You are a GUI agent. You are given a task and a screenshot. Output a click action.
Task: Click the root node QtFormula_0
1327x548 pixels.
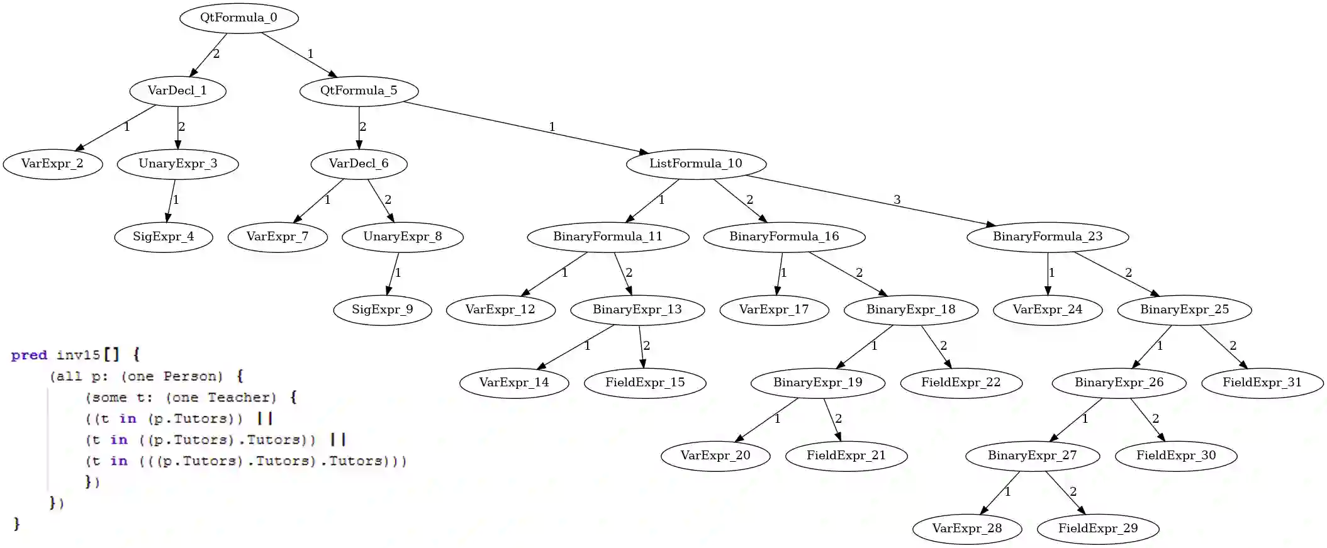(x=238, y=18)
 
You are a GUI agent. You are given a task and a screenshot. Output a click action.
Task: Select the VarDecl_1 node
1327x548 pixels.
(x=177, y=91)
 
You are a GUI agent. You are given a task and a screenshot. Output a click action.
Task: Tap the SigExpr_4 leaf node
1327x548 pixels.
(x=164, y=237)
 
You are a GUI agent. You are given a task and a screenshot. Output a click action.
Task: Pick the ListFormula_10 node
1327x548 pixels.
(x=696, y=164)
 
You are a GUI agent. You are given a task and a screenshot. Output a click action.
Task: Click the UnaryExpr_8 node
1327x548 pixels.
(x=403, y=237)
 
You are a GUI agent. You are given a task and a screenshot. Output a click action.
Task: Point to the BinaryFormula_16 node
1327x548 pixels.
(x=784, y=237)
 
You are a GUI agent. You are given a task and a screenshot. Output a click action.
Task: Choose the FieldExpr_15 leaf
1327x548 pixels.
(x=645, y=383)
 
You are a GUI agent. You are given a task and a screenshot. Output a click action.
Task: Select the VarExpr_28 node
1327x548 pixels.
(x=966, y=528)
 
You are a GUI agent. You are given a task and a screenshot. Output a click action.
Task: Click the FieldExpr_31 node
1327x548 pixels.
(x=1262, y=383)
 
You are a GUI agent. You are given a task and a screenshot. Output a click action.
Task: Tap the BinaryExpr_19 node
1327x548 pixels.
(x=817, y=383)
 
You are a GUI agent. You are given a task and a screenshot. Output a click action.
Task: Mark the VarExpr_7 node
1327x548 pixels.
(x=277, y=237)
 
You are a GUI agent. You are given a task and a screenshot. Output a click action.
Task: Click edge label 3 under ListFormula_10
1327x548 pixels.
(x=897, y=199)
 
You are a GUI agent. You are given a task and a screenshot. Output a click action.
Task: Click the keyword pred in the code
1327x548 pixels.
(x=29, y=355)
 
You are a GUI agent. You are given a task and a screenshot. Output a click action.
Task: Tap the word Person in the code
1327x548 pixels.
(x=193, y=376)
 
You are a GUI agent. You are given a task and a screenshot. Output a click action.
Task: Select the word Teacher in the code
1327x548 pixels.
(x=242, y=398)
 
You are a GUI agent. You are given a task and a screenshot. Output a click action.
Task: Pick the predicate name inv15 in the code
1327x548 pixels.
(x=78, y=355)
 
